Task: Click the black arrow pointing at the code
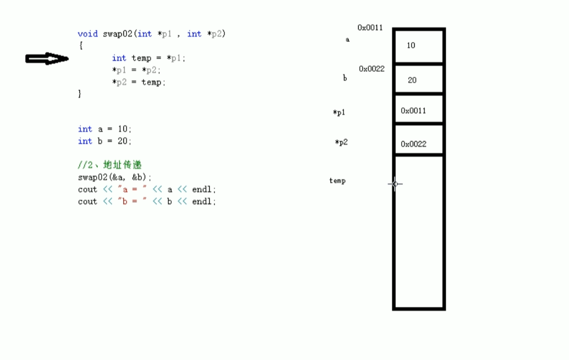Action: point(47,59)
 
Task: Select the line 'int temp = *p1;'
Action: point(148,58)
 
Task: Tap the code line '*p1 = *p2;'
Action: point(136,70)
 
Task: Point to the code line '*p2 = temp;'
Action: point(139,82)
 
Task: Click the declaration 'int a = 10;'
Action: point(105,129)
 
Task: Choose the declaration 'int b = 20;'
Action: point(105,141)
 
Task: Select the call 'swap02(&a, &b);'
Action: point(115,177)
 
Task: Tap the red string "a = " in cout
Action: point(132,190)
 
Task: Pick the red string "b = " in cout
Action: point(132,202)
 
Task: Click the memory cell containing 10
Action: point(418,46)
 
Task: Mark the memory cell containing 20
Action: point(418,80)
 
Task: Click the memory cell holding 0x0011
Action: point(418,110)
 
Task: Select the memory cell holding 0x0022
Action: point(418,144)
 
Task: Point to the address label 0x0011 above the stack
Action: point(370,27)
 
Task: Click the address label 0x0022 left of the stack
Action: point(372,69)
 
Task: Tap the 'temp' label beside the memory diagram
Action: point(337,181)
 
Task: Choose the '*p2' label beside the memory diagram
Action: point(341,142)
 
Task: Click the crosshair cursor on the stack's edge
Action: point(395,184)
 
